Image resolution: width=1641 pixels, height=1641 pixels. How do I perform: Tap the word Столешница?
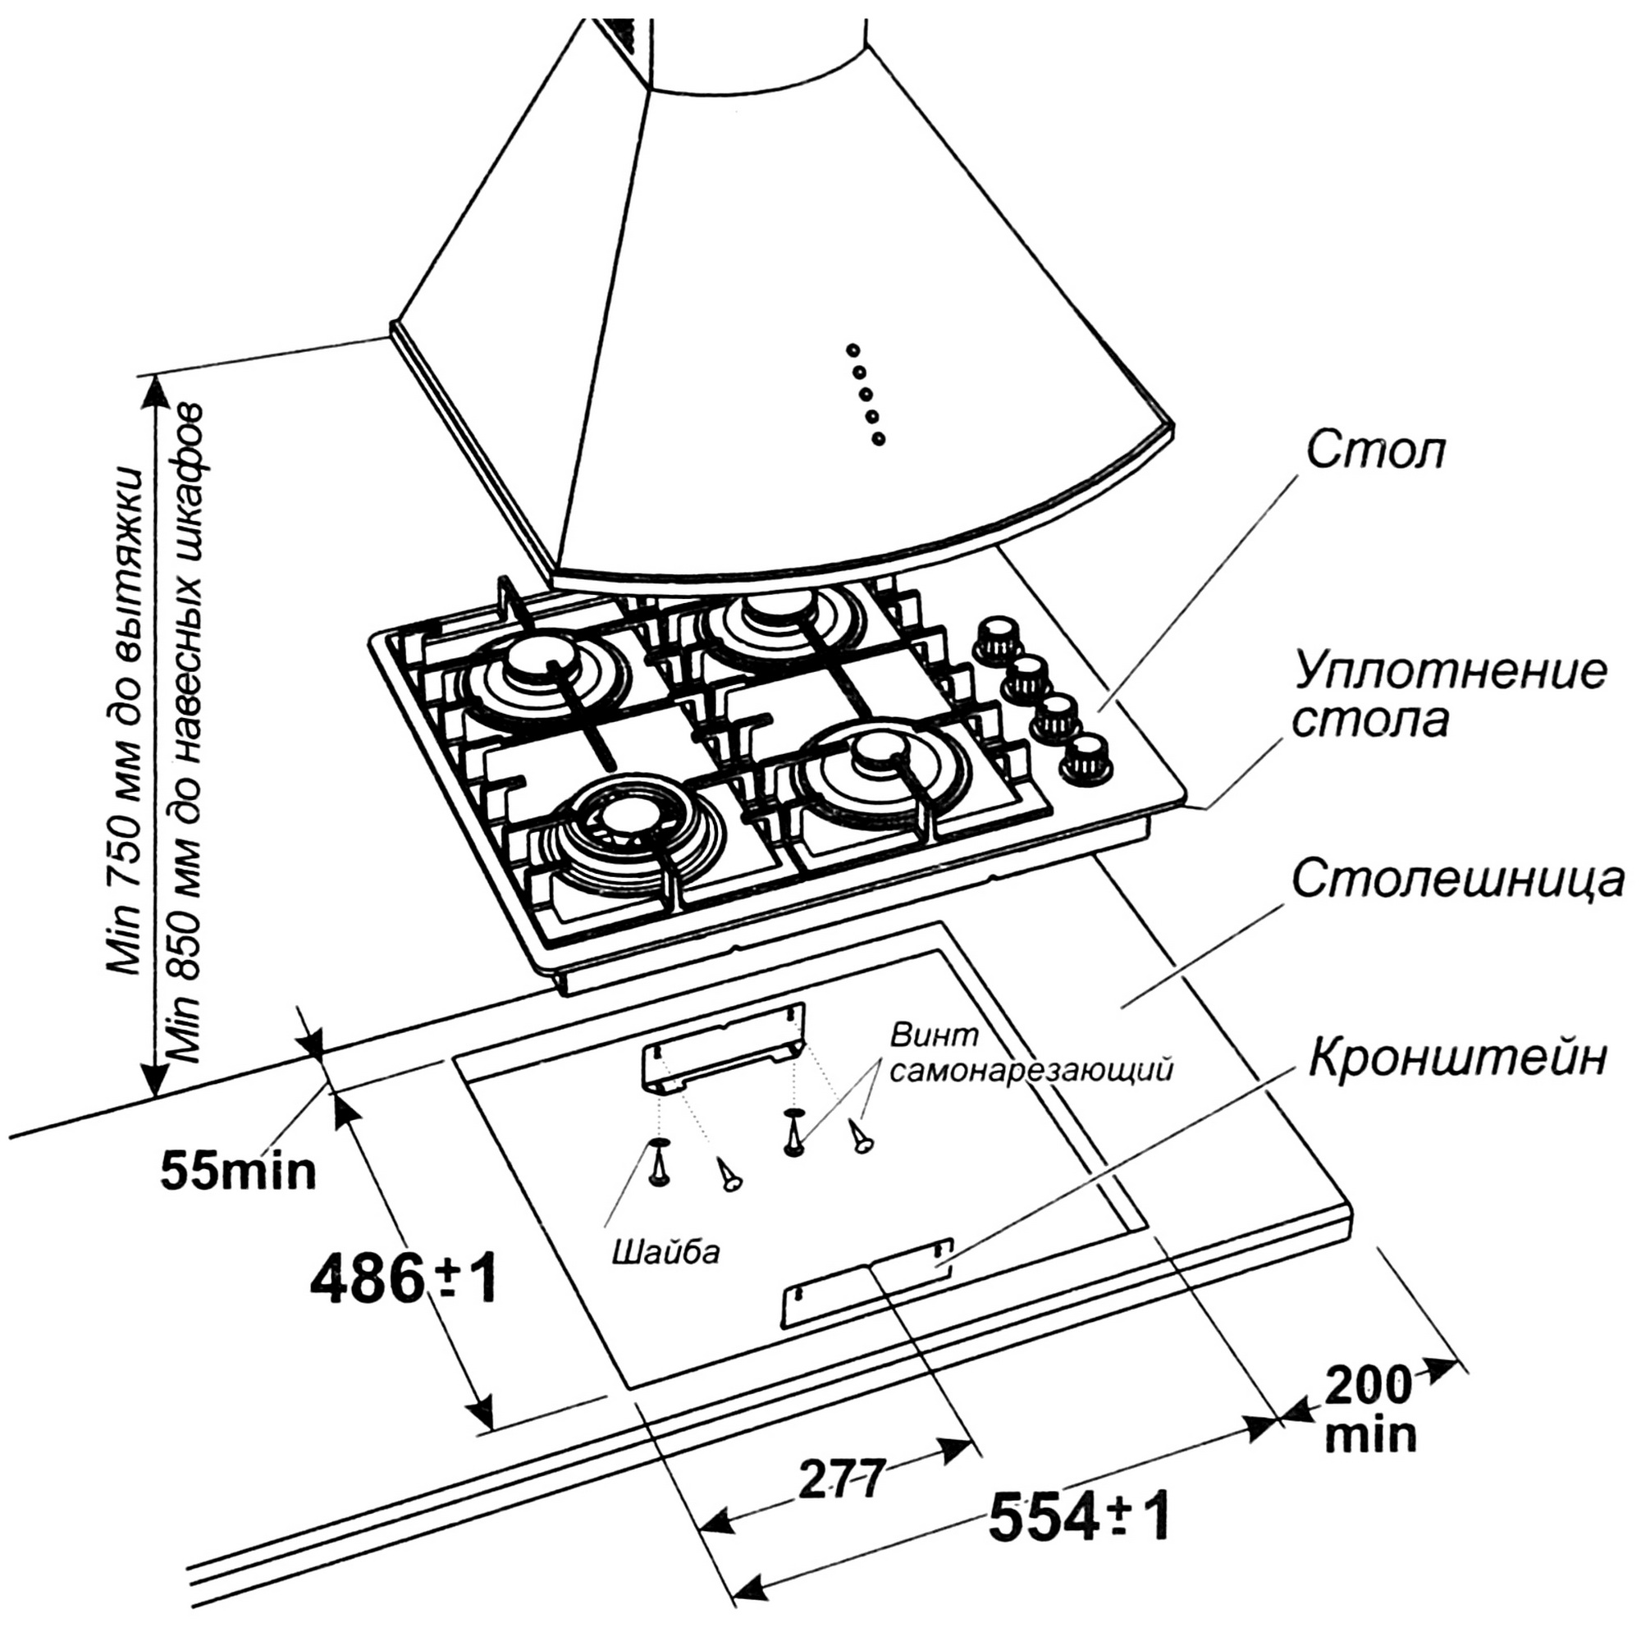[1457, 880]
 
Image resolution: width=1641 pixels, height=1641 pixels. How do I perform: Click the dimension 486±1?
[403, 1281]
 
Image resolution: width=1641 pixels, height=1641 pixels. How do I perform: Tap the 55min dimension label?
[239, 1172]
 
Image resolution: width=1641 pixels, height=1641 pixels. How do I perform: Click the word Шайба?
[667, 1252]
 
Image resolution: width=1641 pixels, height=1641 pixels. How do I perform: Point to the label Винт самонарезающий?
[1031, 1054]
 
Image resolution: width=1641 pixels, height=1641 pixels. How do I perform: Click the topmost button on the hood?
[852, 349]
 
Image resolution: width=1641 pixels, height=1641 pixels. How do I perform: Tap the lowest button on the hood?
[877, 439]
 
